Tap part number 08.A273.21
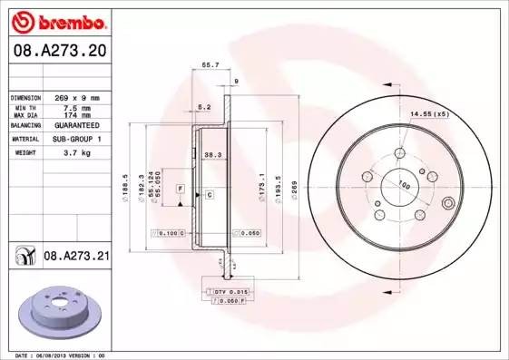tap(76, 258)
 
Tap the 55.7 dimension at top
tap(210, 65)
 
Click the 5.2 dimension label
tap(204, 107)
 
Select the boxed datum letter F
tap(181, 187)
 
